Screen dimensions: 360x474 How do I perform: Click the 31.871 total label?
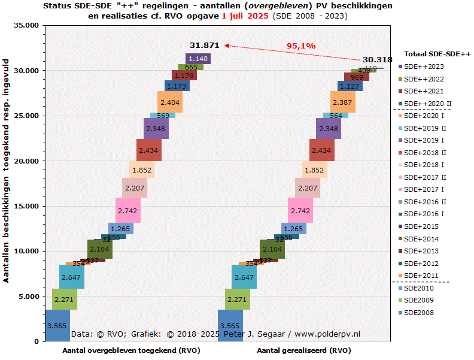tap(205, 45)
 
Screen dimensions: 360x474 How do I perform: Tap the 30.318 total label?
tap(377, 59)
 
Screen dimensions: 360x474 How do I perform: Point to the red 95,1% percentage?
tap(300, 46)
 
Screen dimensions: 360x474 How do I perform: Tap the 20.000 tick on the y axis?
tap(25, 161)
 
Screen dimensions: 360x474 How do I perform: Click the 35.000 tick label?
tap(25, 26)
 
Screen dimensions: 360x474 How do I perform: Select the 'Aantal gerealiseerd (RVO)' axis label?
tap(304, 350)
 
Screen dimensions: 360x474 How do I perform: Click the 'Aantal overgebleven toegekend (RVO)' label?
tap(127, 350)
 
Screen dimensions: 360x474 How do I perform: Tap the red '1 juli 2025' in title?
tap(245, 16)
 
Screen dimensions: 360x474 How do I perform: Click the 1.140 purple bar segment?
tap(197, 59)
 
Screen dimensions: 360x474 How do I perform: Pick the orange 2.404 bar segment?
tap(170, 102)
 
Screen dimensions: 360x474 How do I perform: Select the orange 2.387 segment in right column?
tap(343, 102)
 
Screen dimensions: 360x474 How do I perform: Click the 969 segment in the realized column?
tap(357, 77)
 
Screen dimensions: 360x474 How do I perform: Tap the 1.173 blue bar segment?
tap(177, 86)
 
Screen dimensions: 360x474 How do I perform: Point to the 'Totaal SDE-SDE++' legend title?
tap(437, 54)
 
